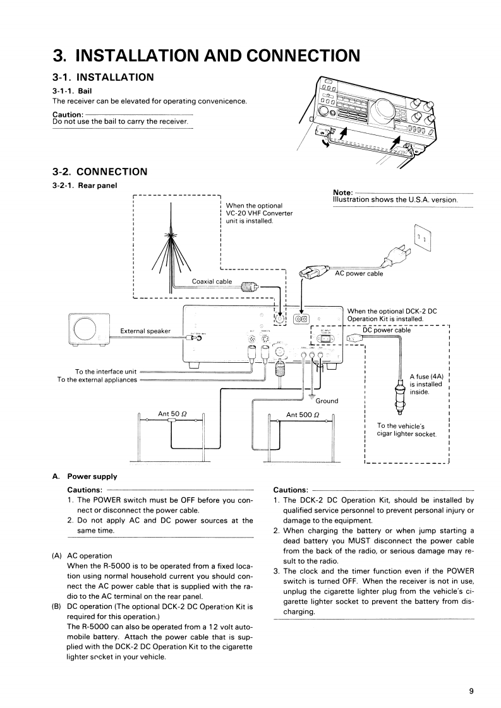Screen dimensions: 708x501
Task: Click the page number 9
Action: pos(471,690)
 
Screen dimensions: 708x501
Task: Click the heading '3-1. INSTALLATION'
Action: pos(103,77)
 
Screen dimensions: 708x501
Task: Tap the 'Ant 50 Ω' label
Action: pos(172,414)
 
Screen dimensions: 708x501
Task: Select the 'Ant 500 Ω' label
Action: pos(302,415)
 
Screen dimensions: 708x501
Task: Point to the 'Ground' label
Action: pos(327,401)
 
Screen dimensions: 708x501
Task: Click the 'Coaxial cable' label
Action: pos(212,281)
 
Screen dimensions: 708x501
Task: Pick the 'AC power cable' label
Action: pos(359,273)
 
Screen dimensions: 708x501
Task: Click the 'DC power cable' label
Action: pos(387,329)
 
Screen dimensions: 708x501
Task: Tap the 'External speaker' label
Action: pos(145,331)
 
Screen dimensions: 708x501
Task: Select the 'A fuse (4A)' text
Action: pos(428,377)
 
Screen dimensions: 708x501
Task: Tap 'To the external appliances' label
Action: pos(97,380)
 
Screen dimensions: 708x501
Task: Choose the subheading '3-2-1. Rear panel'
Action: pos(85,185)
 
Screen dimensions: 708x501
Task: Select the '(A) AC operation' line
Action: pos(82,556)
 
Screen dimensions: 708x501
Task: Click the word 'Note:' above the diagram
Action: pos(342,192)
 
